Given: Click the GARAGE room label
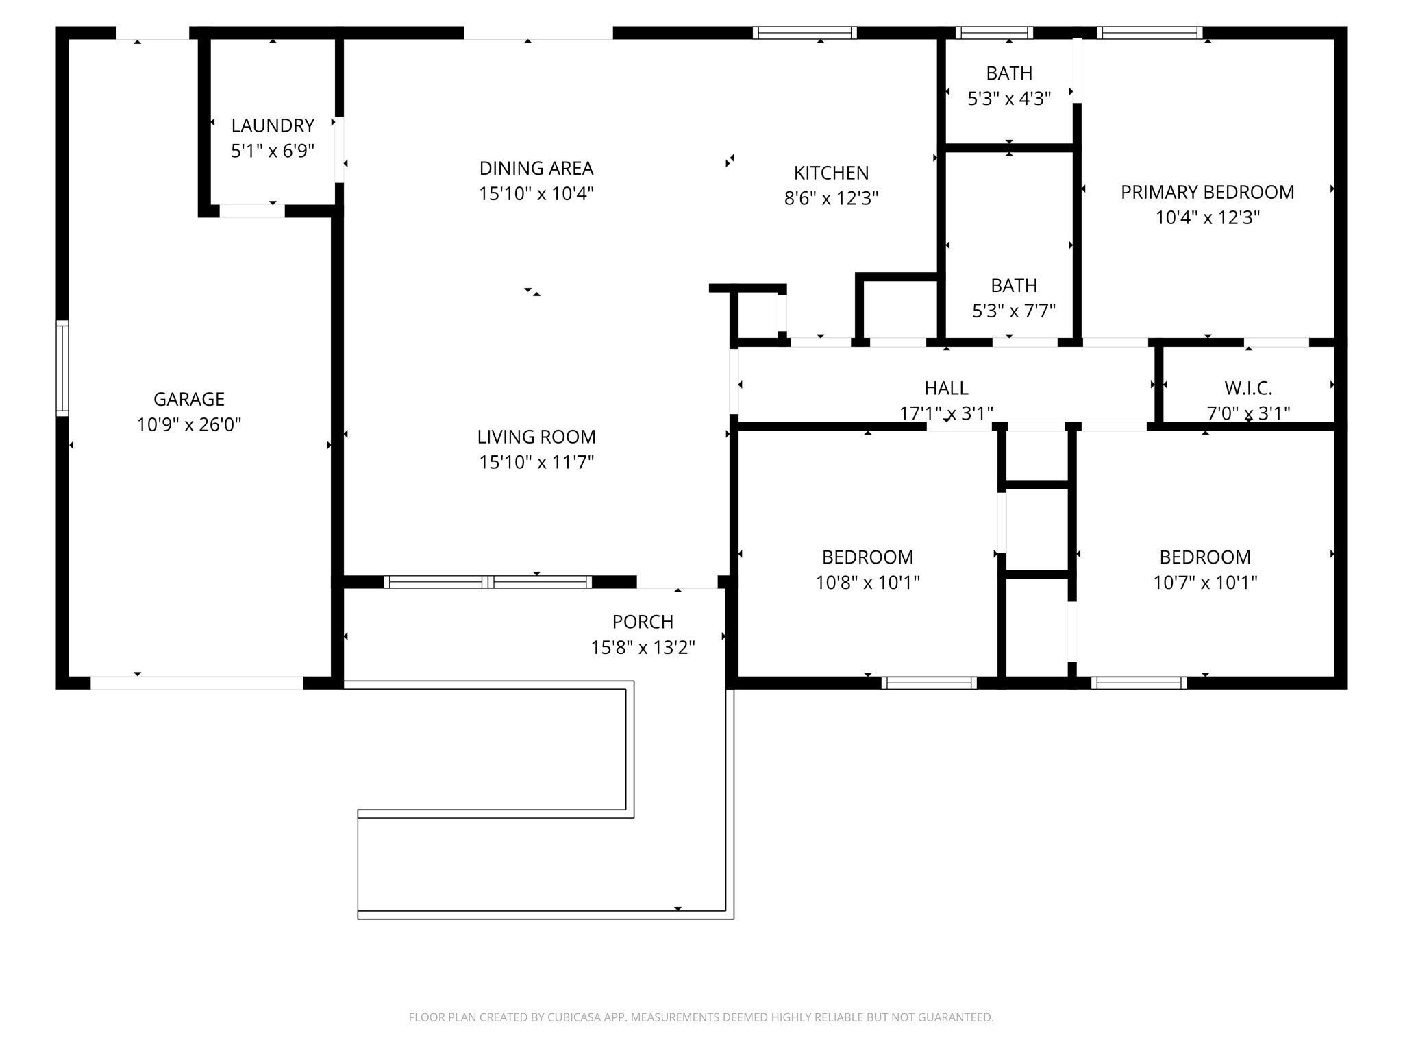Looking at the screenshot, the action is coord(189,399).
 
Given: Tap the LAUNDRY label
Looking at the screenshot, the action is coord(273,125).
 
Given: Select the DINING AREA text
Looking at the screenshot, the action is coord(536,168).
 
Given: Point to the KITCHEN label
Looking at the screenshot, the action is coord(831,173).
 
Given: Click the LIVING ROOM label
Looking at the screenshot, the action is coord(536,437).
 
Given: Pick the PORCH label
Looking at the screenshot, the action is coord(643,622).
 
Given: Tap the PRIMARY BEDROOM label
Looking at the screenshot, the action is coord(1208,192).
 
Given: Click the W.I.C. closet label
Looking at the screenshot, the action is coord(1248,388).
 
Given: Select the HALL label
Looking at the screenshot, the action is coord(946,388).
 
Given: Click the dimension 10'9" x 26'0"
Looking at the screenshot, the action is coord(189,425).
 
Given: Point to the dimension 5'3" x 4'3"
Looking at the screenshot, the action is coord(1009,99).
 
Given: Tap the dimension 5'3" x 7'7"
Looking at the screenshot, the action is coord(1014,311).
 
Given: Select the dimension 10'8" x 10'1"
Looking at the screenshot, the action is coord(867,583).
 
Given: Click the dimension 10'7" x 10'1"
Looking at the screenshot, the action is coord(1205,583).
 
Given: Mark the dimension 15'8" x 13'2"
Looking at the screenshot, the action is coord(643,648).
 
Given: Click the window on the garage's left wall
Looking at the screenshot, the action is coord(62,368).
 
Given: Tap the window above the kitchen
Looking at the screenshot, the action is coord(805,33).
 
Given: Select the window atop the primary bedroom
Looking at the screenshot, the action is coord(1150,33).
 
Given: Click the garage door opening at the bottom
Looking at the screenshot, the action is coord(197,683).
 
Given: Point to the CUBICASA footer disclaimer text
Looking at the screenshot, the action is coord(701,1017).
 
